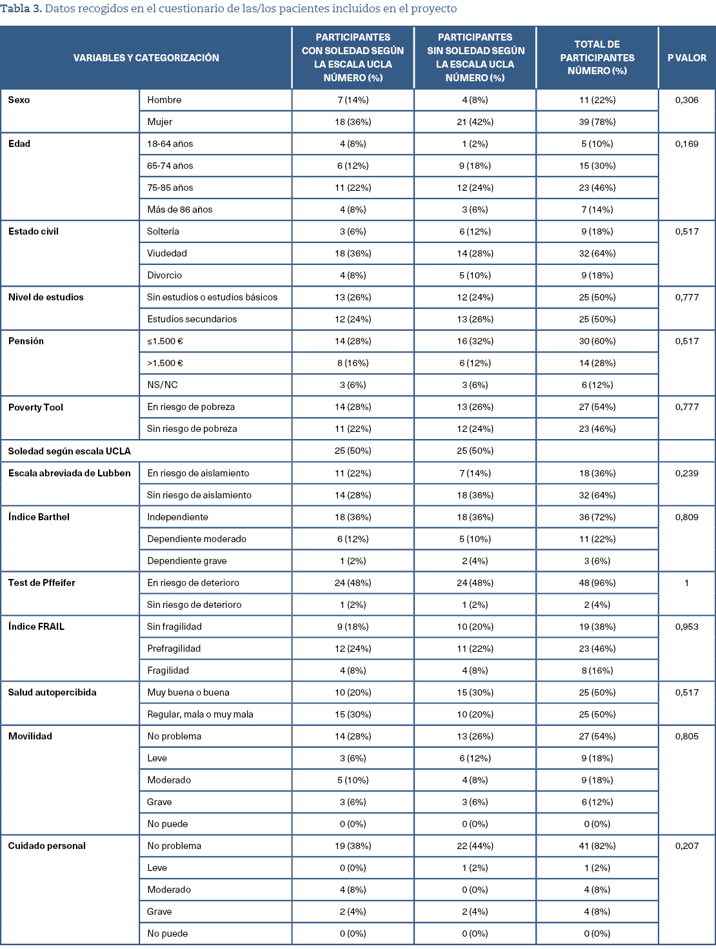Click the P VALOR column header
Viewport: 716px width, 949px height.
tap(686, 58)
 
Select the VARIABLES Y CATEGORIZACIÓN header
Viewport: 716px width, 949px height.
tap(146, 58)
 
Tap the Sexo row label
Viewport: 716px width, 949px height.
tap(19, 100)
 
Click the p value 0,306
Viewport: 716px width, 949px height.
tap(686, 100)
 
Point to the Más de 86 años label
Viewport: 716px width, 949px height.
tap(179, 210)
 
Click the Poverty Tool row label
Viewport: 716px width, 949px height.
tap(35, 407)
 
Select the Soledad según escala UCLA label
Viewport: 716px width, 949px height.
tap(69, 451)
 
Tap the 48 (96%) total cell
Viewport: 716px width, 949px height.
tap(597, 583)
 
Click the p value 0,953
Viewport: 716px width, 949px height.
tap(686, 627)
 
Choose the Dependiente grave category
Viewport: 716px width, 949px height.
tap(186, 561)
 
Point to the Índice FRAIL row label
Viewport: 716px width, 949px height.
tap(36, 627)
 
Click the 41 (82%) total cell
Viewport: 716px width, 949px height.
tap(597, 846)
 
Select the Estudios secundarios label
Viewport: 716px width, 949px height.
tap(192, 319)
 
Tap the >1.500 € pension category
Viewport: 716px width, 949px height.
tap(165, 363)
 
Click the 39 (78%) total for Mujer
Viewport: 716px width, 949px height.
tap(597, 122)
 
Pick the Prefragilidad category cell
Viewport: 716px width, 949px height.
tap(174, 649)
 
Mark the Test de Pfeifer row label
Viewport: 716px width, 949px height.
tap(41, 583)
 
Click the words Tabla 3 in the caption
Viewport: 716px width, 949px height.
tap(21, 9)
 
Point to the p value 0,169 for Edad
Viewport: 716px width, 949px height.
tap(686, 144)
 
